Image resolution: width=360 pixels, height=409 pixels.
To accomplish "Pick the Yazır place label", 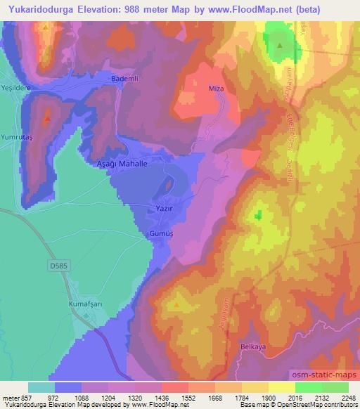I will tap(155, 209).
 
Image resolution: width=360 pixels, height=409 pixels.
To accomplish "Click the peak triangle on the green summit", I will tap(280, 46).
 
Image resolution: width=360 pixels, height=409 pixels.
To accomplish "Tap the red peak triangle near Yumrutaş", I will tap(47, 118).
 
